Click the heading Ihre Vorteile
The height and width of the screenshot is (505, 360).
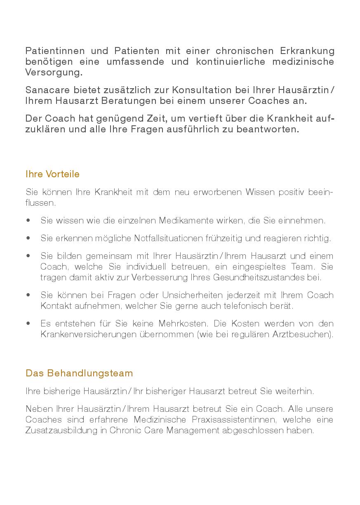[52, 174]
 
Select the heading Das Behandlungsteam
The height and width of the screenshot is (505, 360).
[79, 373]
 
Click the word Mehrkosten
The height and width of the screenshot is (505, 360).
[178, 323]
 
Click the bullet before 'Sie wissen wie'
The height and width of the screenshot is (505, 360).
[28, 221]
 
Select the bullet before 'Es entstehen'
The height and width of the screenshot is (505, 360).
[28, 323]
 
